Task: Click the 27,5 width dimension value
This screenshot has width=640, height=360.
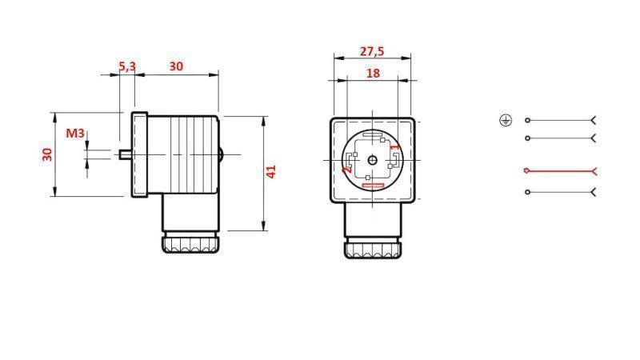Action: [371, 51]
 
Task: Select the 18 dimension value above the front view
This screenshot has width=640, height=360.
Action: [373, 73]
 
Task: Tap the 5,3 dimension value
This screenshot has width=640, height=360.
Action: [126, 66]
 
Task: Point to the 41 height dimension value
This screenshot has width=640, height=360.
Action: [271, 171]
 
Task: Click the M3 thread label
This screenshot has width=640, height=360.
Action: [74, 133]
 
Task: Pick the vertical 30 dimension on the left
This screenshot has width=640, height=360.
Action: [47, 154]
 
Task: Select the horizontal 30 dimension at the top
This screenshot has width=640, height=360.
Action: [176, 66]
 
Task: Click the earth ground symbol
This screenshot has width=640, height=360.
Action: [505, 120]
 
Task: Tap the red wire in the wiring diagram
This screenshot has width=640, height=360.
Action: [560, 170]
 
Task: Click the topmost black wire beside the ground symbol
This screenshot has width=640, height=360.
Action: [560, 120]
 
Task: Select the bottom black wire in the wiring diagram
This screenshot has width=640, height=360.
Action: [560, 192]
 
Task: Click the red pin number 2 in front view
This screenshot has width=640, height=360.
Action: [347, 170]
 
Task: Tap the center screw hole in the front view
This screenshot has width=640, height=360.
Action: [373, 160]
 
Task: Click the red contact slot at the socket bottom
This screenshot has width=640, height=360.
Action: [373, 186]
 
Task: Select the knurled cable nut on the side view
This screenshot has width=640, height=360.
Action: [191, 243]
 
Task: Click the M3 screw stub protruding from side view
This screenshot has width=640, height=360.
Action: [125, 154]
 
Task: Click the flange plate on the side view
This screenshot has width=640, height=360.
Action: [140, 154]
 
